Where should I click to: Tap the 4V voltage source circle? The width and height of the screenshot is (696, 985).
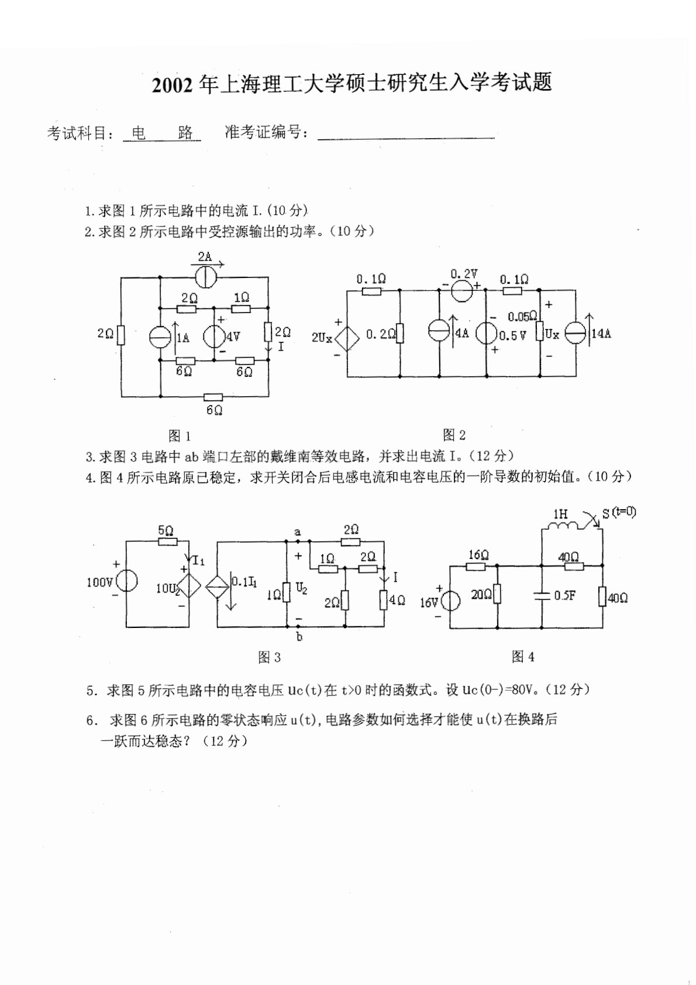tap(213, 337)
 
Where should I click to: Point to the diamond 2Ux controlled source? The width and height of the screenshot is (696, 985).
tap(346, 338)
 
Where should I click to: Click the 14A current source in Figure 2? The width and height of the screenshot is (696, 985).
tap(577, 334)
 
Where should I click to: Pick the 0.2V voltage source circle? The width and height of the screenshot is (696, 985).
tap(463, 289)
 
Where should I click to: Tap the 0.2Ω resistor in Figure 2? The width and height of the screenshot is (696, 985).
tap(399, 334)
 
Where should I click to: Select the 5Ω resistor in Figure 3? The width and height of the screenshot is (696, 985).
tap(168, 542)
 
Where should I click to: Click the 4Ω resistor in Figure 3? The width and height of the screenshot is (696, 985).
tap(384, 599)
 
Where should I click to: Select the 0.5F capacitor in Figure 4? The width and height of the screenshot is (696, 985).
tap(542, 596)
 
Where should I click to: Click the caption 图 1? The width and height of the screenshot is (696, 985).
tap(179, 435)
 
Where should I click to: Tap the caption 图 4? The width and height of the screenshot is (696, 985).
tap(523, 657)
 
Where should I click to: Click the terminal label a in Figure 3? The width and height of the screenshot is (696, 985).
tap(298, 532)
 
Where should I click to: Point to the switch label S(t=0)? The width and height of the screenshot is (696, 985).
tap(619, 513)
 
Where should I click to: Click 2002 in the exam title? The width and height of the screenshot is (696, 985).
tap(173, 85)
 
